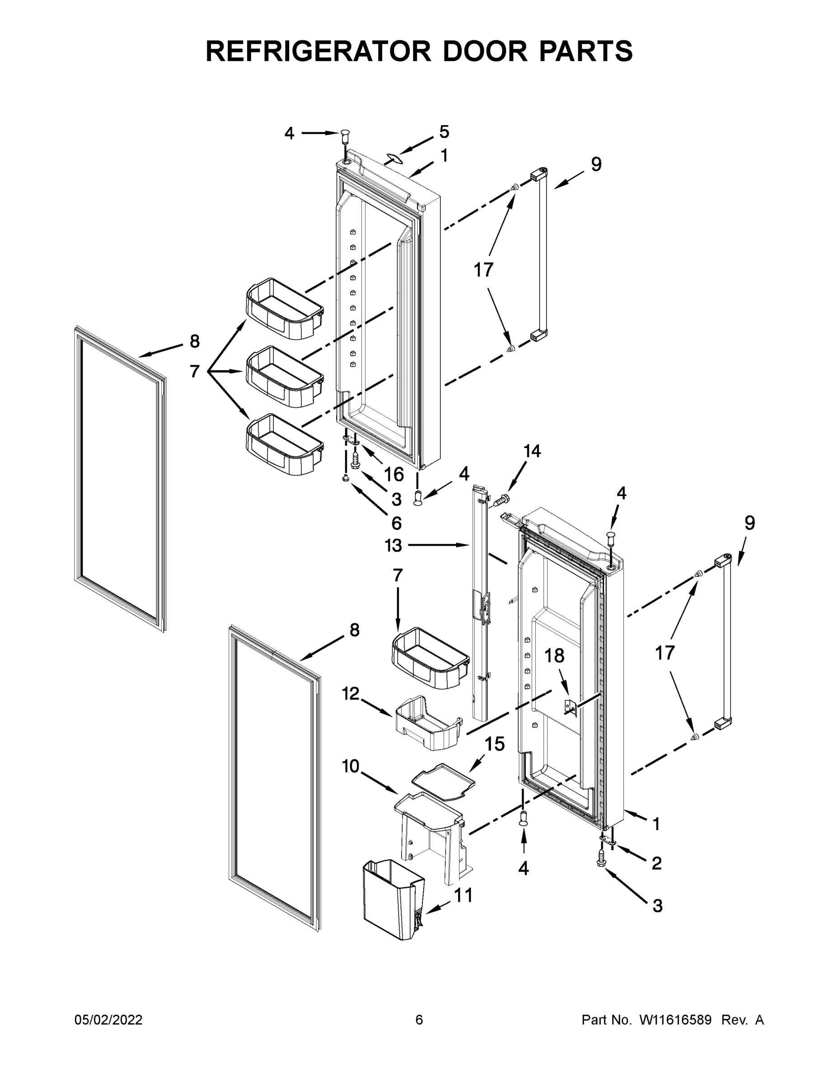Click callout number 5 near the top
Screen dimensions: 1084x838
pyautogui.click(x=444, y=132)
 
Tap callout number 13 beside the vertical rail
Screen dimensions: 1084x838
pyautogui.click(x=393, y=546)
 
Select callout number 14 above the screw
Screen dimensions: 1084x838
pyautogui.click(x=532, y=451)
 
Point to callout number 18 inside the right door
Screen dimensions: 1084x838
pyautogui.click(x=555, y=656)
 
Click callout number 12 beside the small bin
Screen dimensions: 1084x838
pyautogui.click(x=351, y=693)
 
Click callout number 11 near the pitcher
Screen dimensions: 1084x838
pyautogui.click(x=463, y=895)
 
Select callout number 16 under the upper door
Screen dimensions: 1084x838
pyautogui.click(x=393, y=475)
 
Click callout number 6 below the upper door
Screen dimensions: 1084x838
pyautogui.click(x=396, y=523)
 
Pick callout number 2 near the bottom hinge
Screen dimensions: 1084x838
pyautogui.click(x=656, y=864)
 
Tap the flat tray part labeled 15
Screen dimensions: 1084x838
pyautogui.click(x=443, y=783)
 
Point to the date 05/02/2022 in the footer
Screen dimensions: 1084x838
pyautogui.click(x=108, y=1020)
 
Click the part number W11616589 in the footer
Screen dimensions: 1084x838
pyautogui.click(x=675, y=1020)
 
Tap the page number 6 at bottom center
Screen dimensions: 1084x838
pyautogui.click(x=419, y=1020)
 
